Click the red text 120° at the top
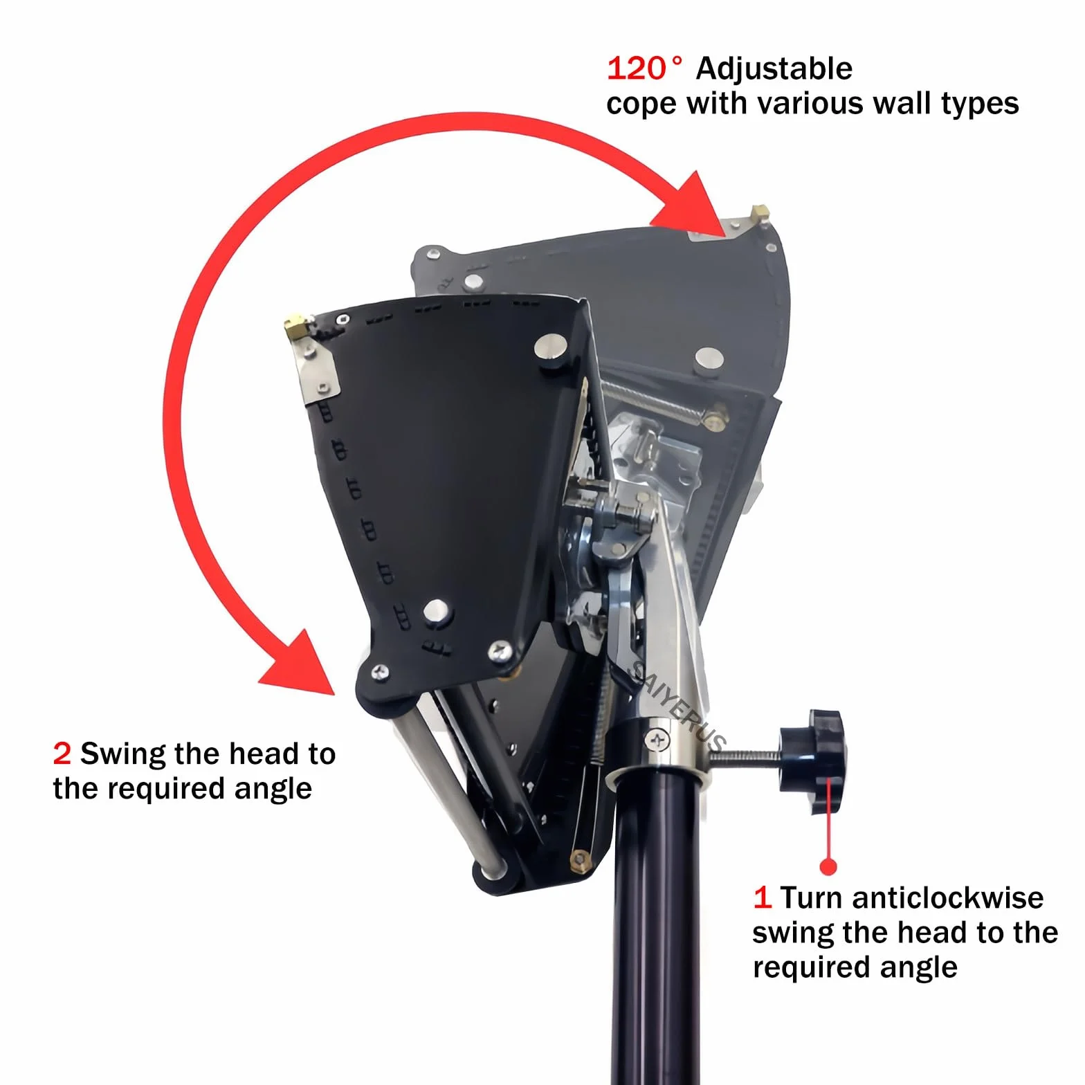[644, 69]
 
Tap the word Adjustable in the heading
[774, 69]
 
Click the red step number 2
[62, 754]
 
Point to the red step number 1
[762, 897]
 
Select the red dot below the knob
[828, 866]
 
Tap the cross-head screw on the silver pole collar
[657, 740]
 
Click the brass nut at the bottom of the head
[578, 860]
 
